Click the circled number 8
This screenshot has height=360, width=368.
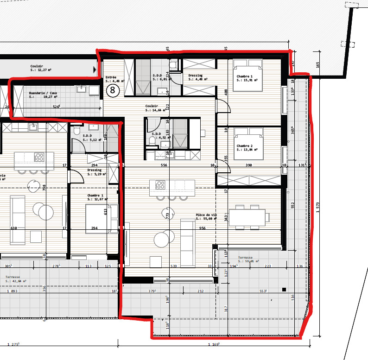coord(112,90)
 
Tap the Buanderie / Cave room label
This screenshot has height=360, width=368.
coord(43,95)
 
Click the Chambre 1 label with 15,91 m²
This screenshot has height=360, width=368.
coord(246,78)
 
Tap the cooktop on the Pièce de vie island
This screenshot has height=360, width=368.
coord(160,185)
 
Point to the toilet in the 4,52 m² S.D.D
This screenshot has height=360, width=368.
coord(152,139)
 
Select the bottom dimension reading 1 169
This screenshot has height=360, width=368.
coord(214,344)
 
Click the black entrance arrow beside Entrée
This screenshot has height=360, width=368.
coord(95,70)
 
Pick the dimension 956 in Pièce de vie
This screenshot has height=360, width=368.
coord(203,228)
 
